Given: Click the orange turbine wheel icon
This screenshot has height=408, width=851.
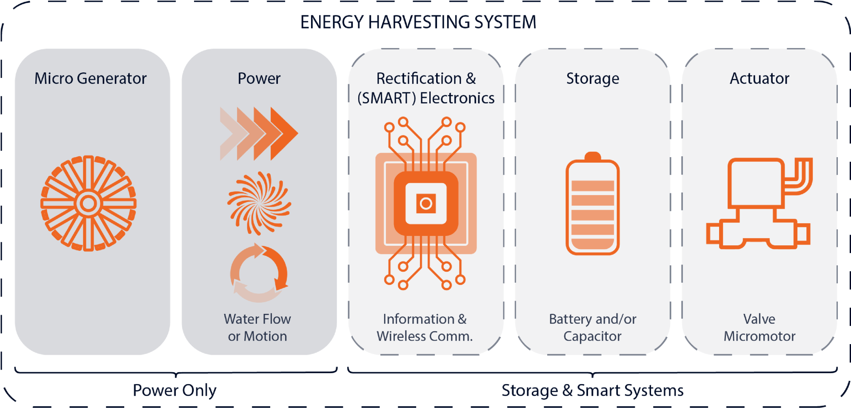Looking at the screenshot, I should click(x=89, y=203).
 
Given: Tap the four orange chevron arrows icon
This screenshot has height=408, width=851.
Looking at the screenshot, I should click(x=259, y=134).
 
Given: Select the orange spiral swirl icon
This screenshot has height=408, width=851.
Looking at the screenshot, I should click(x=259, y=203).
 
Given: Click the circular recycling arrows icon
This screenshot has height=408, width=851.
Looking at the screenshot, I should click(x=259, y=273).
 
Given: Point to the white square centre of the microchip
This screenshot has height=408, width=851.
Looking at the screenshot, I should click(x=426, y=204).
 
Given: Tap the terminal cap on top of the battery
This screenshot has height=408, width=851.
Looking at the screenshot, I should click(x=592, y=156).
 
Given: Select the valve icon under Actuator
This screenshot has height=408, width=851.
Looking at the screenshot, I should click(x=759, y=204).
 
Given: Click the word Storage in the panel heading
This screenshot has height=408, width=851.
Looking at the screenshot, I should click(x=592, y=79).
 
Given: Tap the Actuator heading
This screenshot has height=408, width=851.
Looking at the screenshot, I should click(x=759, y=79).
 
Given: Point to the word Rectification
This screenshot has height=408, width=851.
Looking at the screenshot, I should click(x=419, y=79).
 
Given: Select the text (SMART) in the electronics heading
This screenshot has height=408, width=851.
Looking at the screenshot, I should click(x=386, y=98).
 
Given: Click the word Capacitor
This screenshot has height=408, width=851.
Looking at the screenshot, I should click(x=592, y=336).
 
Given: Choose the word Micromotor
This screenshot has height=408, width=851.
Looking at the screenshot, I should click(x=759, y=336).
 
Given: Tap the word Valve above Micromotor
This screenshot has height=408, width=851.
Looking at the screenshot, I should click(x=759, y=319).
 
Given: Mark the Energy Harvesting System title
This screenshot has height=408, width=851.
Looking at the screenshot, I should click(x=418, y=22).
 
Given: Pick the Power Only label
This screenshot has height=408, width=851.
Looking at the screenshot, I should click(x=174, y=390).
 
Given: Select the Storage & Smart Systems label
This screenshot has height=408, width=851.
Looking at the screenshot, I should click(x=592, y=390).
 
